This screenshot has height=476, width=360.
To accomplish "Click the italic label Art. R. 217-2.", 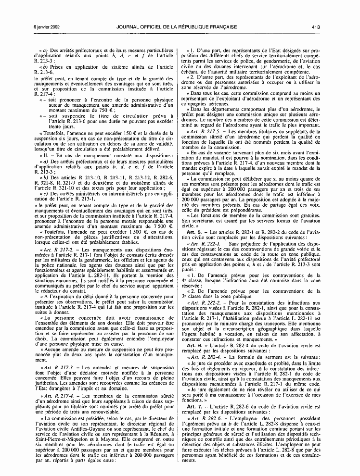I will (x=59, y=251).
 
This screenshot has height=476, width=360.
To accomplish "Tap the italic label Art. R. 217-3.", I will (x=59, y=367).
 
